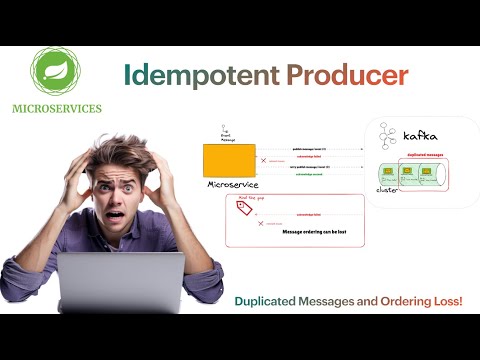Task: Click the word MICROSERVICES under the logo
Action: pos(56,109)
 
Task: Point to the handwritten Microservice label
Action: pos(233,185)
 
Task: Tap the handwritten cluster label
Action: pos(388,188)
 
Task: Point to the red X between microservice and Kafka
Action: pos(264,160)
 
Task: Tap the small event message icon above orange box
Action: pos(225,130)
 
